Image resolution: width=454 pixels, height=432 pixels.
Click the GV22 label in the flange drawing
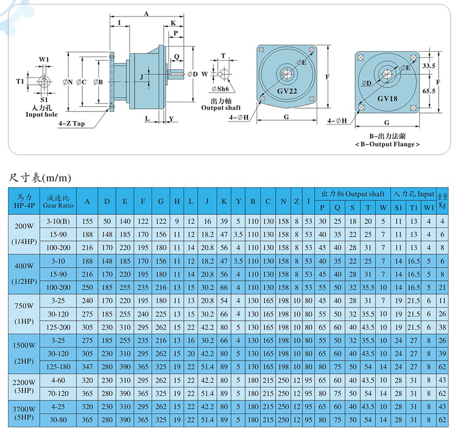288,91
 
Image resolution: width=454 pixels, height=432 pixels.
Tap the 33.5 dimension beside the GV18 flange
430,66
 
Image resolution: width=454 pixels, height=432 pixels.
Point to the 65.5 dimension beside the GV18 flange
430,90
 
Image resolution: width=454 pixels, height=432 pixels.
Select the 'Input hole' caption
42,114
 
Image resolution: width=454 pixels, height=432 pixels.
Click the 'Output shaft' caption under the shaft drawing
221,107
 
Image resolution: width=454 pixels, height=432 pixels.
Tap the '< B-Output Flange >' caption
386,144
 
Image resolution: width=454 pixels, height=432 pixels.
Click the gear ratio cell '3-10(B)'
58,220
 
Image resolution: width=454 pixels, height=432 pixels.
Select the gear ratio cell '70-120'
58,393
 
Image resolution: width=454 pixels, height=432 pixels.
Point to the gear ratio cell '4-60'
58,379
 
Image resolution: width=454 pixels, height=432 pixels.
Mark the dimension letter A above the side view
147,13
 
